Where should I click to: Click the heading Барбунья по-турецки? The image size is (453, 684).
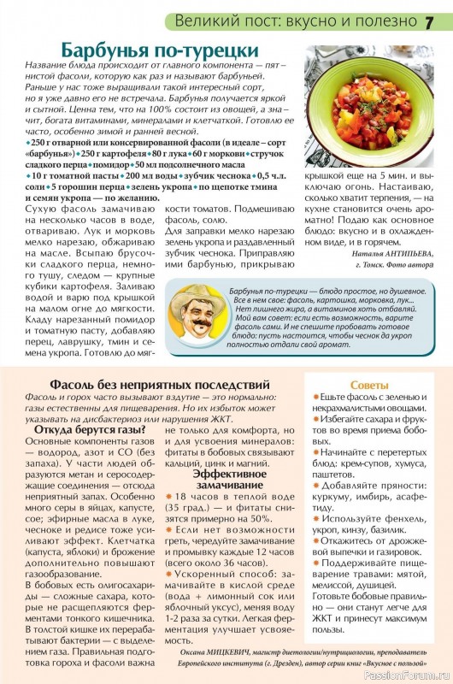pos(168,48)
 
